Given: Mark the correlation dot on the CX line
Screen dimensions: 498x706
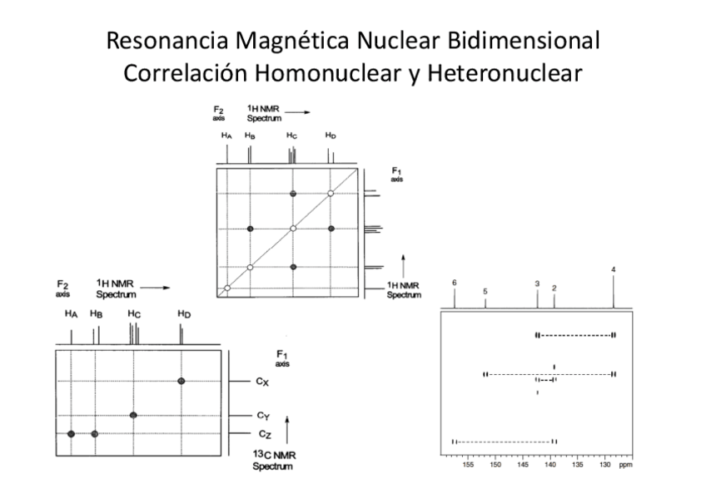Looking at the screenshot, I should click(x=181, y=381).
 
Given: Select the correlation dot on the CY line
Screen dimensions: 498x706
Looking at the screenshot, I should click(x=133, y=415).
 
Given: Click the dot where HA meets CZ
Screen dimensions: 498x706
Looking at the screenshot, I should click(x=72, y=434).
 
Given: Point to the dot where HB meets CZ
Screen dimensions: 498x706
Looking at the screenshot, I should click(x=95, y=434).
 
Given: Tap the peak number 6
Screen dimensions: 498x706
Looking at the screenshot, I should click(x=455, y=283).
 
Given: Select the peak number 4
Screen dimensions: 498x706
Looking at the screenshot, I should click(x=614, y=269).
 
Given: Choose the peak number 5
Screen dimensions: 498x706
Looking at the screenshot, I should click(x=485, y=292).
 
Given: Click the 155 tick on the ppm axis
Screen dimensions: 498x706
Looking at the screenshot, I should click(x=468, y=465).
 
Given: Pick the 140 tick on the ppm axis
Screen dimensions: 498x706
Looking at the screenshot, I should click(x=549, y=465).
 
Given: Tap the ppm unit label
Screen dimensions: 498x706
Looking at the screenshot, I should click(x=626, y=465).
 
